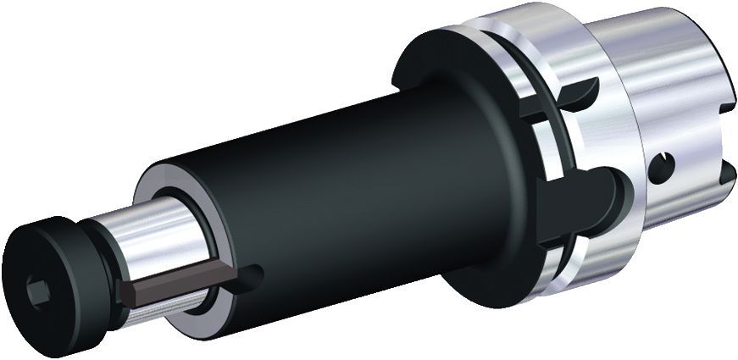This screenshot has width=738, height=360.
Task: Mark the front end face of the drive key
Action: pos(127,292)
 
